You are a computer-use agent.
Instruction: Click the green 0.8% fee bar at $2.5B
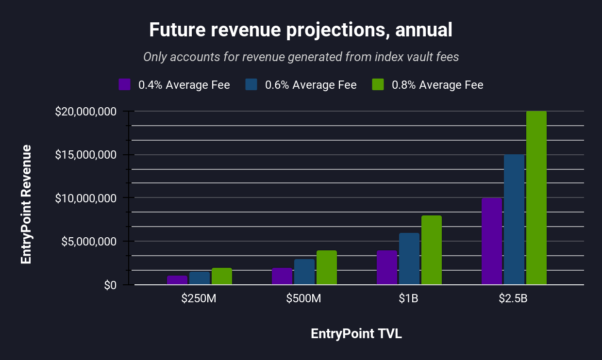536,198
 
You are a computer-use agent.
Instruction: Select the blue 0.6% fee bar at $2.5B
514,219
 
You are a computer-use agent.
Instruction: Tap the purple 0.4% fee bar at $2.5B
491,241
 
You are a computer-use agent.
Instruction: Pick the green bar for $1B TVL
431,250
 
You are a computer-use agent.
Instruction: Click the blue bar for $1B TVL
409,259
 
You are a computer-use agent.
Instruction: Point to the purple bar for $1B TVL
386,267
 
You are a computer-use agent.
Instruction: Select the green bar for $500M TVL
326,267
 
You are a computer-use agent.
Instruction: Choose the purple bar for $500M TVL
282,276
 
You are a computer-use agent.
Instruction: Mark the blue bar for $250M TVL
199,278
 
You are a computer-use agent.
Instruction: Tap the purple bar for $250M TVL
177,280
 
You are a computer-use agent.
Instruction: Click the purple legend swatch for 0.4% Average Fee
125,84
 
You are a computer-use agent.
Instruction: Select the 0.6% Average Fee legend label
311,85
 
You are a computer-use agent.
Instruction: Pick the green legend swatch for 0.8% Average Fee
378,84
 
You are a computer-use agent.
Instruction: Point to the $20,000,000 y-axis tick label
86,112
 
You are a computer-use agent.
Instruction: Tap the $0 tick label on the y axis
110,285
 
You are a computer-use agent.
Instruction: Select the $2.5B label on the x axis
513,298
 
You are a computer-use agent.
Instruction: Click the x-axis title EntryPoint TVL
356,334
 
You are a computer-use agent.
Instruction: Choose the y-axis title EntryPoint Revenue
26,204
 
